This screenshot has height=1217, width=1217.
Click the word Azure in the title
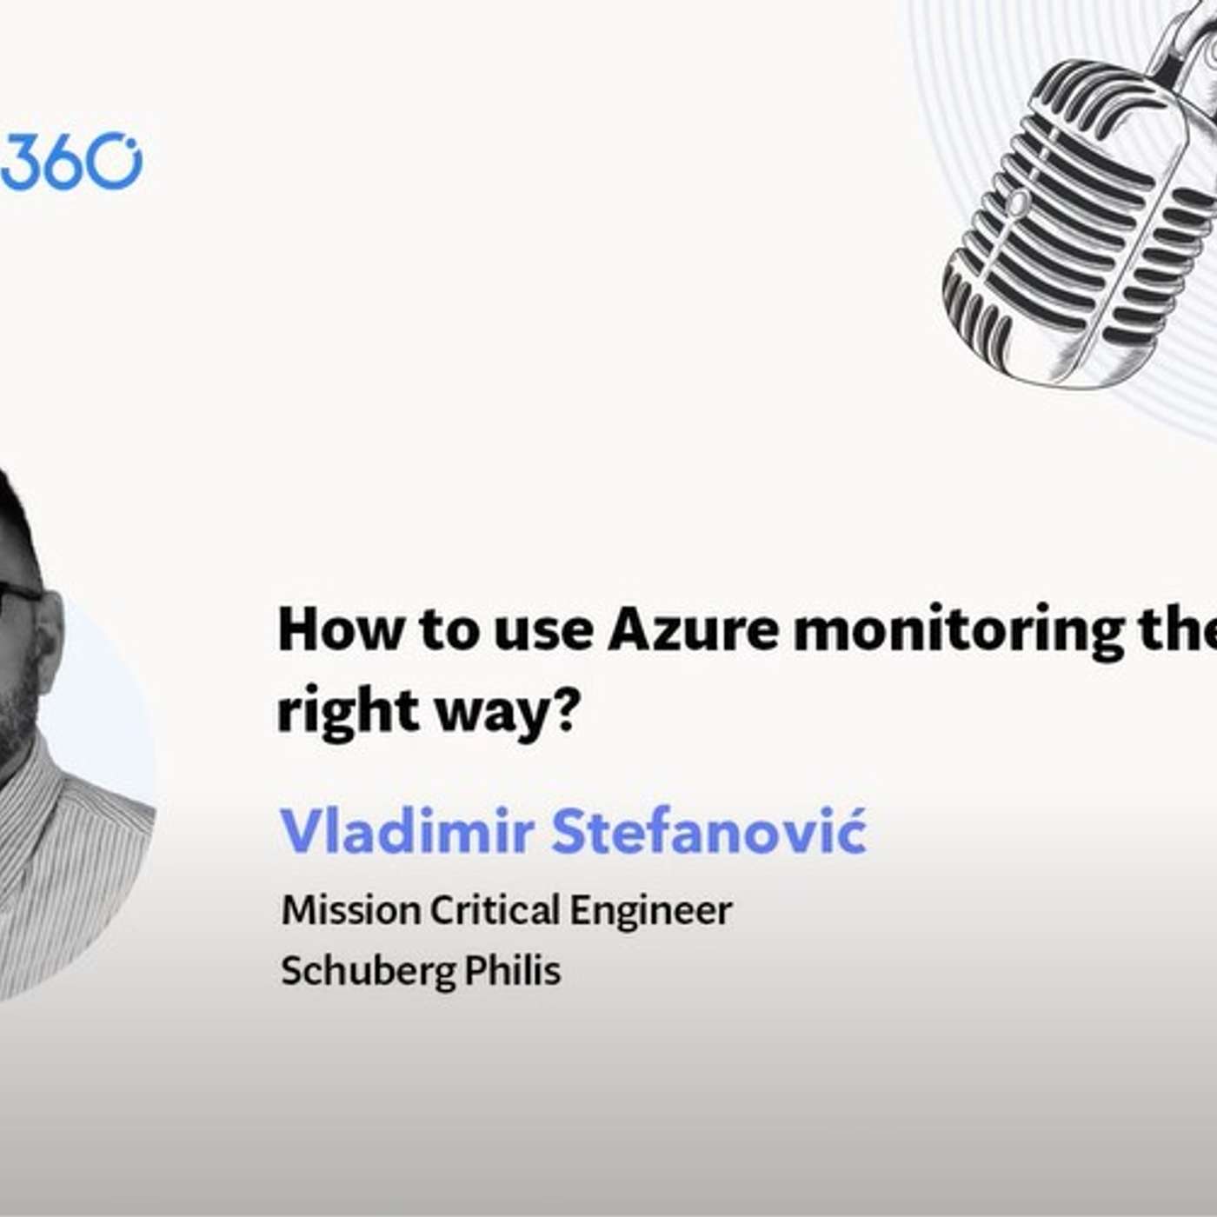click(x=693, y=630)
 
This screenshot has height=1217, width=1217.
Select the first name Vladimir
click(x=407, y=831)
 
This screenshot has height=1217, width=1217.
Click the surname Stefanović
click(x=708, y=831)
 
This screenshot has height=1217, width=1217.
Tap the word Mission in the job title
click(x=350, y=910)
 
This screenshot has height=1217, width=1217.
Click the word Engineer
click(x=651, y=912)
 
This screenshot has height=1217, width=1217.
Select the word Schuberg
click(x=368, y=971)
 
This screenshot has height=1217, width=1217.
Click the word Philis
click(x=512, y=970)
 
